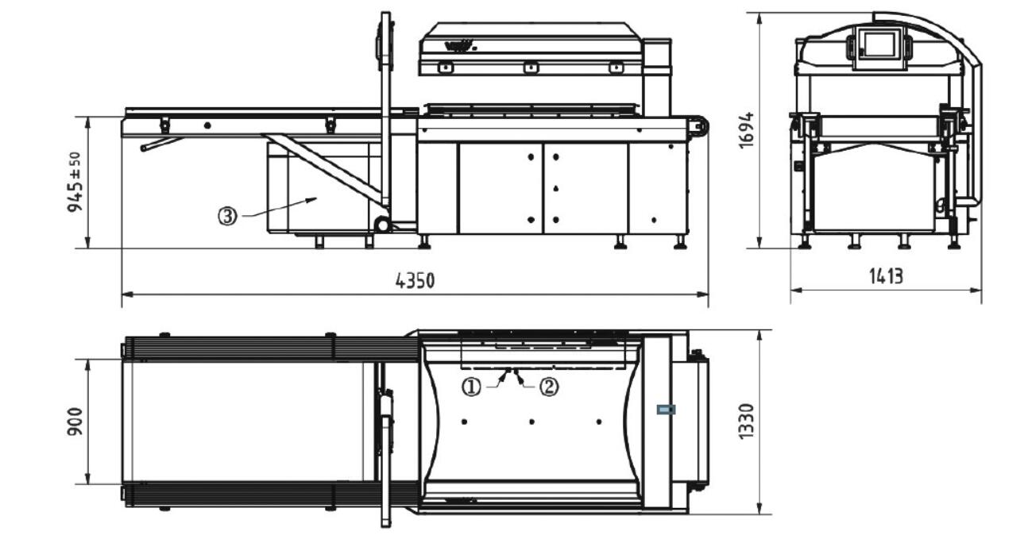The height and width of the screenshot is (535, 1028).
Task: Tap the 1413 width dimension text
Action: pyautogui.click(x=885, y=275)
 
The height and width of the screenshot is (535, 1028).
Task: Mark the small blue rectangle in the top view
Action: pyautogui.click(x=665, y=410)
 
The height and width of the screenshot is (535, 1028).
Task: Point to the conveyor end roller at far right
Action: pyautogui.click(x=700, y=126)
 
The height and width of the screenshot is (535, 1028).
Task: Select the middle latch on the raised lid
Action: pyautogui.click(x=528, y=67)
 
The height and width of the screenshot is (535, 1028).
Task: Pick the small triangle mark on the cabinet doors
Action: pyautogui.click(x=555, y=188)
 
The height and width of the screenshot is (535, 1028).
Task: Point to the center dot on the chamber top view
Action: pyautogui.click(x=531, y=421)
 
